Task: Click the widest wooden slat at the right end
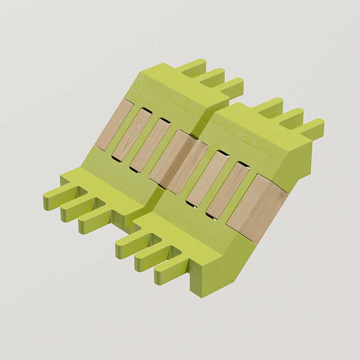pyautogui.click(x=258, y=209)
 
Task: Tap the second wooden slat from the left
pyautogui.click(x=132, y=134)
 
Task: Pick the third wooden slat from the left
pyautogui.click(x=150, y=144)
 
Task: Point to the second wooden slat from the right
pyautogui.click(x=228, y=190)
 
